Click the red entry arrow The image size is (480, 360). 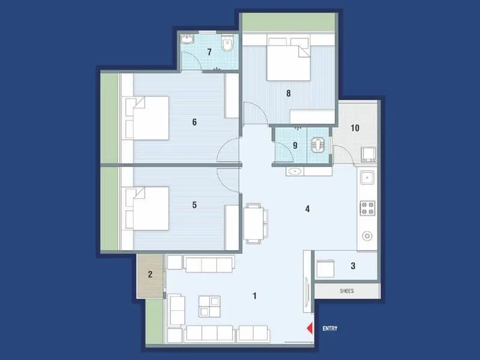point(310,328)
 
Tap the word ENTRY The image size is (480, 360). point(330,328)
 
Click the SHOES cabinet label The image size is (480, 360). point(347,291)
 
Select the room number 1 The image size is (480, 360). point(255,295)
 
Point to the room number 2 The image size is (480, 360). point(151,275)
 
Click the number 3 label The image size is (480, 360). point(353,266)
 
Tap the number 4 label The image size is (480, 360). point(307,209)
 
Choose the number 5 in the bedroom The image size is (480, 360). point(194,205)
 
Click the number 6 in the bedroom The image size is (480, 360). point(194,122)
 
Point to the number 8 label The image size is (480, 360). point(289,93)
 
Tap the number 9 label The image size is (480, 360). point(295,145)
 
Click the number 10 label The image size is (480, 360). point(355,128)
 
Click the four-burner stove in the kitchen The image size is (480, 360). point(367,209)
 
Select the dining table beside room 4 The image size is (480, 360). point(253,223)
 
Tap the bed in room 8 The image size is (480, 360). point(288,60)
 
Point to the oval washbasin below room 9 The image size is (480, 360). point(295,172)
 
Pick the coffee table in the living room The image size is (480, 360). point(210,306)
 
